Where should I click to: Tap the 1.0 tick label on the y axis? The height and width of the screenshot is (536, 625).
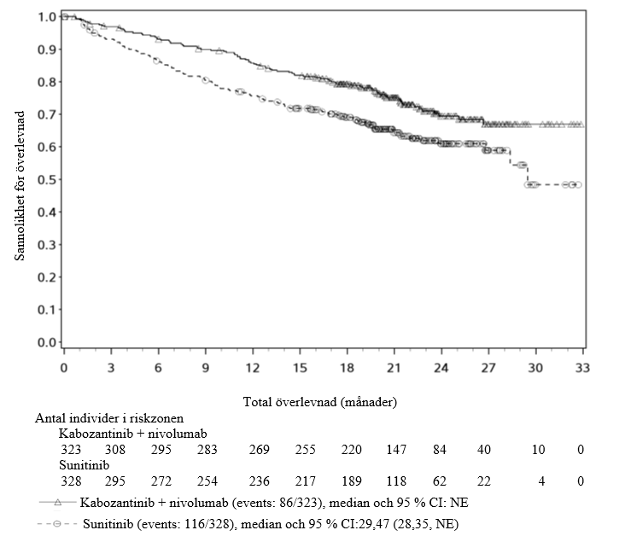tap(47, 16)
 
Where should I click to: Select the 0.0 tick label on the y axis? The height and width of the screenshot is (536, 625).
tap(47, 342)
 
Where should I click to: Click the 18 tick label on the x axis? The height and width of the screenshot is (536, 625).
tap(347, 367)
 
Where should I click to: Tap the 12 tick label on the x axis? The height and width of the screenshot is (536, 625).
tap(253, 367)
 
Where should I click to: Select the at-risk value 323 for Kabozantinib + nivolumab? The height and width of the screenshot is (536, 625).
tap(72, 450)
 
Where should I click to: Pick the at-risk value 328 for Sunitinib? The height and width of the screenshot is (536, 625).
tap(72, 482)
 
